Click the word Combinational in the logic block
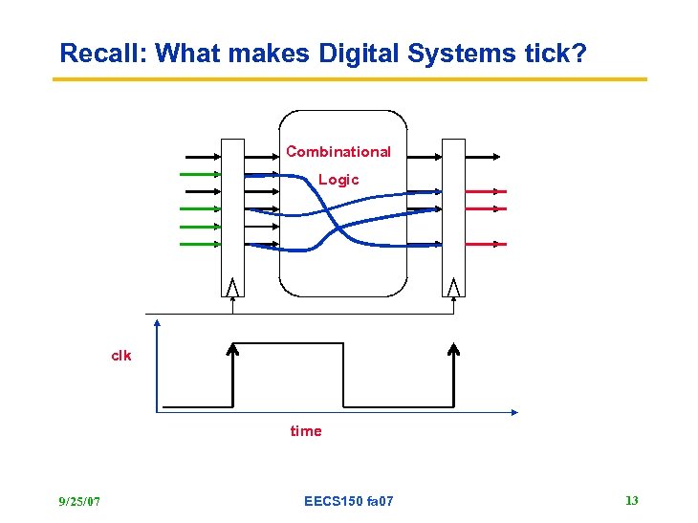click(x=338, y=151)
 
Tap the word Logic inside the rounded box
click(x=338, y=180)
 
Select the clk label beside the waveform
click(x=121, y=356)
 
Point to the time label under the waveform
click(x=306, y=431)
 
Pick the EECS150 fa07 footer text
click(x=348, y=501)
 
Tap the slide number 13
click(x=631, y=500)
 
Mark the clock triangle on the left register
click(x=232, y=286)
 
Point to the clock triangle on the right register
click(x=453, y=286)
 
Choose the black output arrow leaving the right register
click(x=482, y=155)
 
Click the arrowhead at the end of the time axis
click(x=513, y=413)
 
